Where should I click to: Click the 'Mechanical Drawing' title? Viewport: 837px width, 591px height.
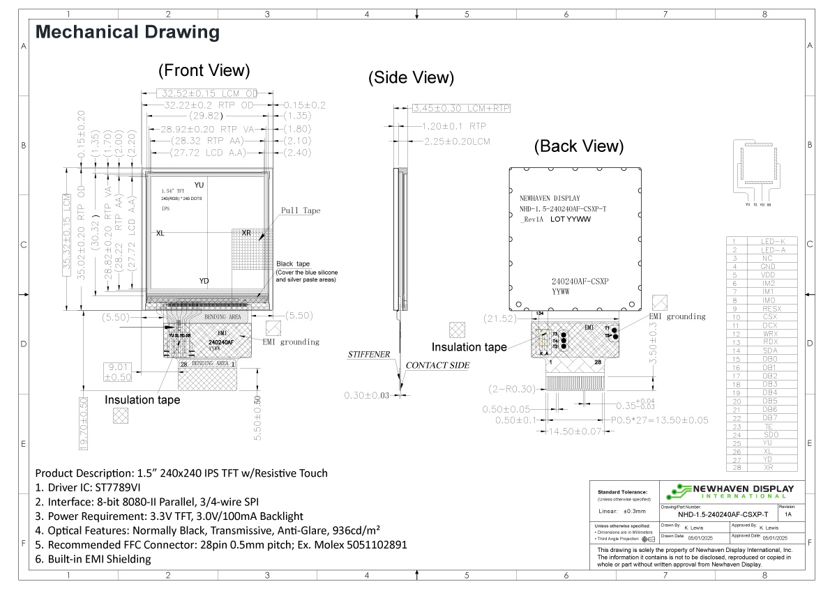point(128,32)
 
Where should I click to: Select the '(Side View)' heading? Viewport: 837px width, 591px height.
point(411,77)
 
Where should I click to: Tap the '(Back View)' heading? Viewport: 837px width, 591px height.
point(579,146)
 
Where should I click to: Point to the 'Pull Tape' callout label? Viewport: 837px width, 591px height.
point(301,210)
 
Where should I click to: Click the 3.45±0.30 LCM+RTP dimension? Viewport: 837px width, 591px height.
point(461,108)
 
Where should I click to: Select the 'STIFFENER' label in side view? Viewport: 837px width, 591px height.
point(369,355)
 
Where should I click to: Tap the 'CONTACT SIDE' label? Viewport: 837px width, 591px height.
point(437,365)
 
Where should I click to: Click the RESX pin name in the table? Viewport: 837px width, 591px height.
point(771,309)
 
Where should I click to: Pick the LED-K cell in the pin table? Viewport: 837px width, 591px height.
point(771,241)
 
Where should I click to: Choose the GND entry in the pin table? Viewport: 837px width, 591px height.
point(771,266)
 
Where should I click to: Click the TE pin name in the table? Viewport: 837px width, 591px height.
point(771,427)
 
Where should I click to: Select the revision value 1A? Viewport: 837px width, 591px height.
point(788,514)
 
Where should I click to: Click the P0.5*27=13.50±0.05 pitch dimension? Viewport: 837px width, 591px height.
point(659,420)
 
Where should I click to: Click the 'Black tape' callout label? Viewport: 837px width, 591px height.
point(294,263)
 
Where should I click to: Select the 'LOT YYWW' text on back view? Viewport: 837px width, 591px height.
point(571,220)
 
